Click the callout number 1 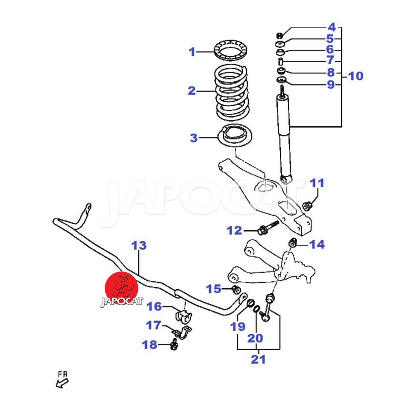click(192, 51)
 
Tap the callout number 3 click(193, 137)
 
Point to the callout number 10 click(356, 76)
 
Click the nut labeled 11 click(307, 206)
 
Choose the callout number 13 click(139, 246)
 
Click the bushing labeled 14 click(293, 242)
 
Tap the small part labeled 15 click(236, 289)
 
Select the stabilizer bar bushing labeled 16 click(184, 316)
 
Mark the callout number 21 click(258, 360)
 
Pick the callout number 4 click(332, 27)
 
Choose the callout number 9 click(331, 84)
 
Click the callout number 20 click(255, 338)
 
